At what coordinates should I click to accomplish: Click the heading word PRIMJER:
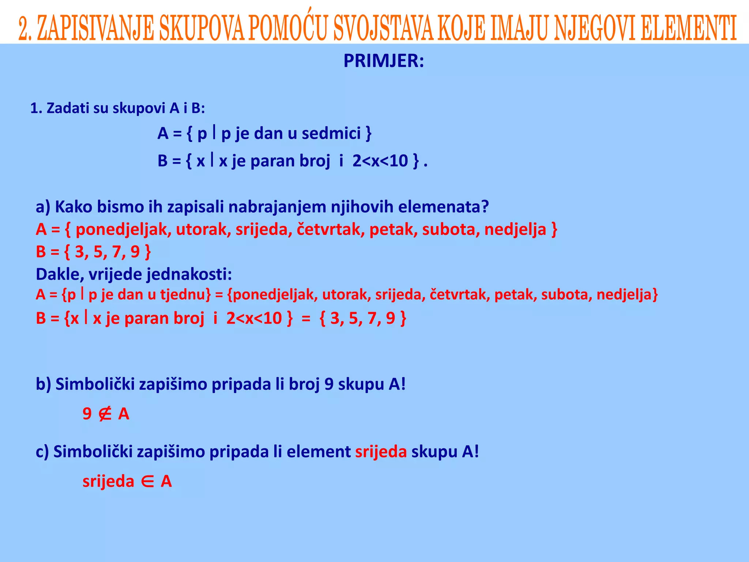point(384,61)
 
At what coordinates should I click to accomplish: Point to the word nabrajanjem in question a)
point(278,207)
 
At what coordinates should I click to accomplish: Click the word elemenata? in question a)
point(443,207)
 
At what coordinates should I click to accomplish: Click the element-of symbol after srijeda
point(147,482)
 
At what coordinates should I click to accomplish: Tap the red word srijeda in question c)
point(381,452)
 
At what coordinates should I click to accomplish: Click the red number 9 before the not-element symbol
point(87,414)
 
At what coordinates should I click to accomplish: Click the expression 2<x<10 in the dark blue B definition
point(380,161)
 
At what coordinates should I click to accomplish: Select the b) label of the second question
point(43,385)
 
